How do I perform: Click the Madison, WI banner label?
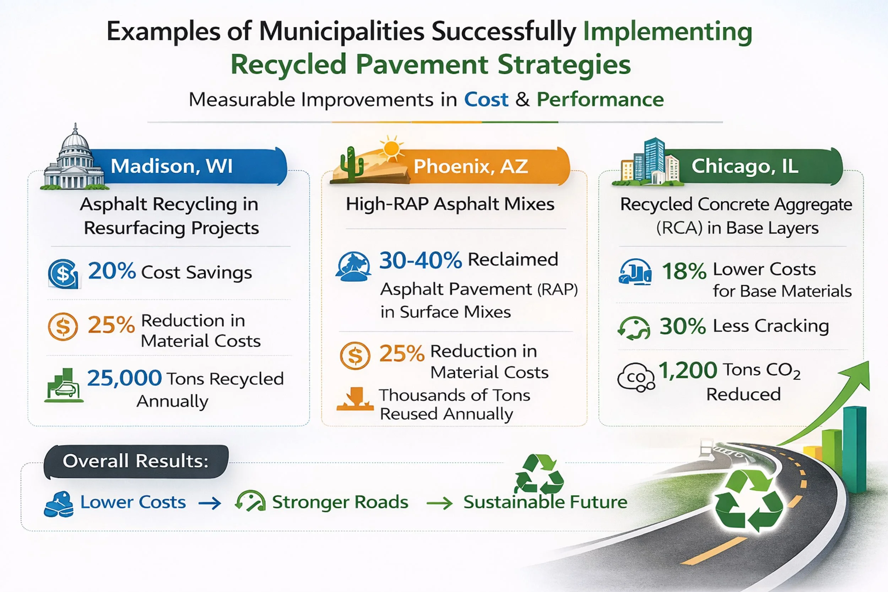point(172,166)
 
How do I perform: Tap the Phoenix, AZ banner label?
point(470,167)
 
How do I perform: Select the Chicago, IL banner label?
point(744,166)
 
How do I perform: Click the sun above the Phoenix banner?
point(391,148)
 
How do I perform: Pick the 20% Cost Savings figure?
point(112,271)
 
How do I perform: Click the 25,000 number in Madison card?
point(125,378)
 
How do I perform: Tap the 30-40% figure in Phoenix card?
point(421,261)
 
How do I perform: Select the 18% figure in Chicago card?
point(684,271)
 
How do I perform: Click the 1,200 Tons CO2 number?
point(688,370)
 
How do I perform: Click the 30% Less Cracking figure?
point(683,326)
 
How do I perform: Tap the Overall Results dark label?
point(136,461)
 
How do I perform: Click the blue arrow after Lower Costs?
point(210,503)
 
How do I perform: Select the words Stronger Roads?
point(340,502)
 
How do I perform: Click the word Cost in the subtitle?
point(486,100)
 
